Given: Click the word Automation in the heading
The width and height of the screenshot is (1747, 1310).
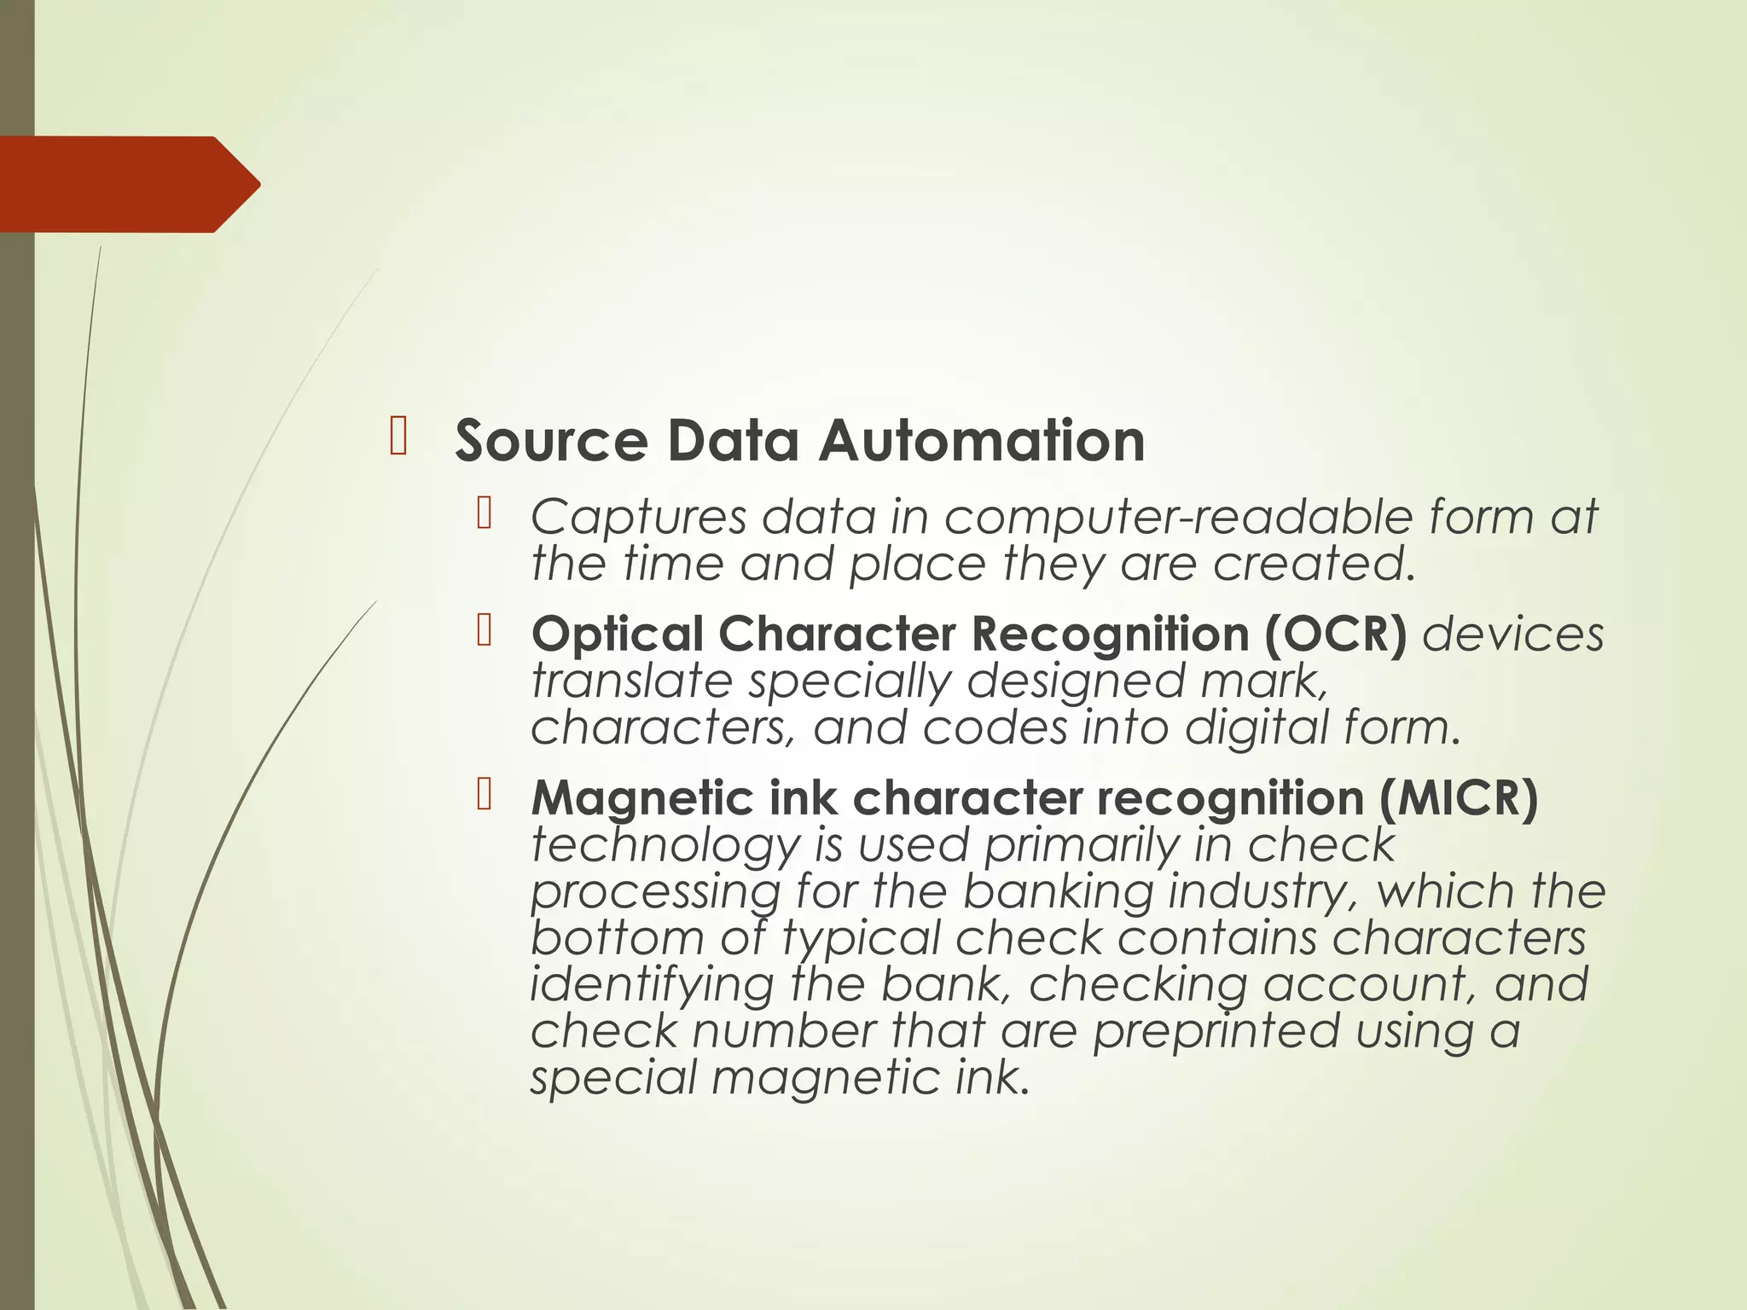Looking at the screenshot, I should click(982, 441).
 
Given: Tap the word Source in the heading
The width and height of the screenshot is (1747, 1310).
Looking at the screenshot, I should click(551, 441).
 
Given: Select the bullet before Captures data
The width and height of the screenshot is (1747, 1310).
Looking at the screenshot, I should click(485, 513).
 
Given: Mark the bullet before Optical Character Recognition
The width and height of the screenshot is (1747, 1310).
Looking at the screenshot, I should click(485, 630).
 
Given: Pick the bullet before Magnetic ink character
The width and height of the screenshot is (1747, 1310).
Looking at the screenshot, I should click(485, 794).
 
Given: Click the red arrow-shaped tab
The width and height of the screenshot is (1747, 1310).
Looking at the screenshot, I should click(128, 184).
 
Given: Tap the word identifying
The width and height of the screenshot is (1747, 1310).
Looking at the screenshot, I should click(652, 984).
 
